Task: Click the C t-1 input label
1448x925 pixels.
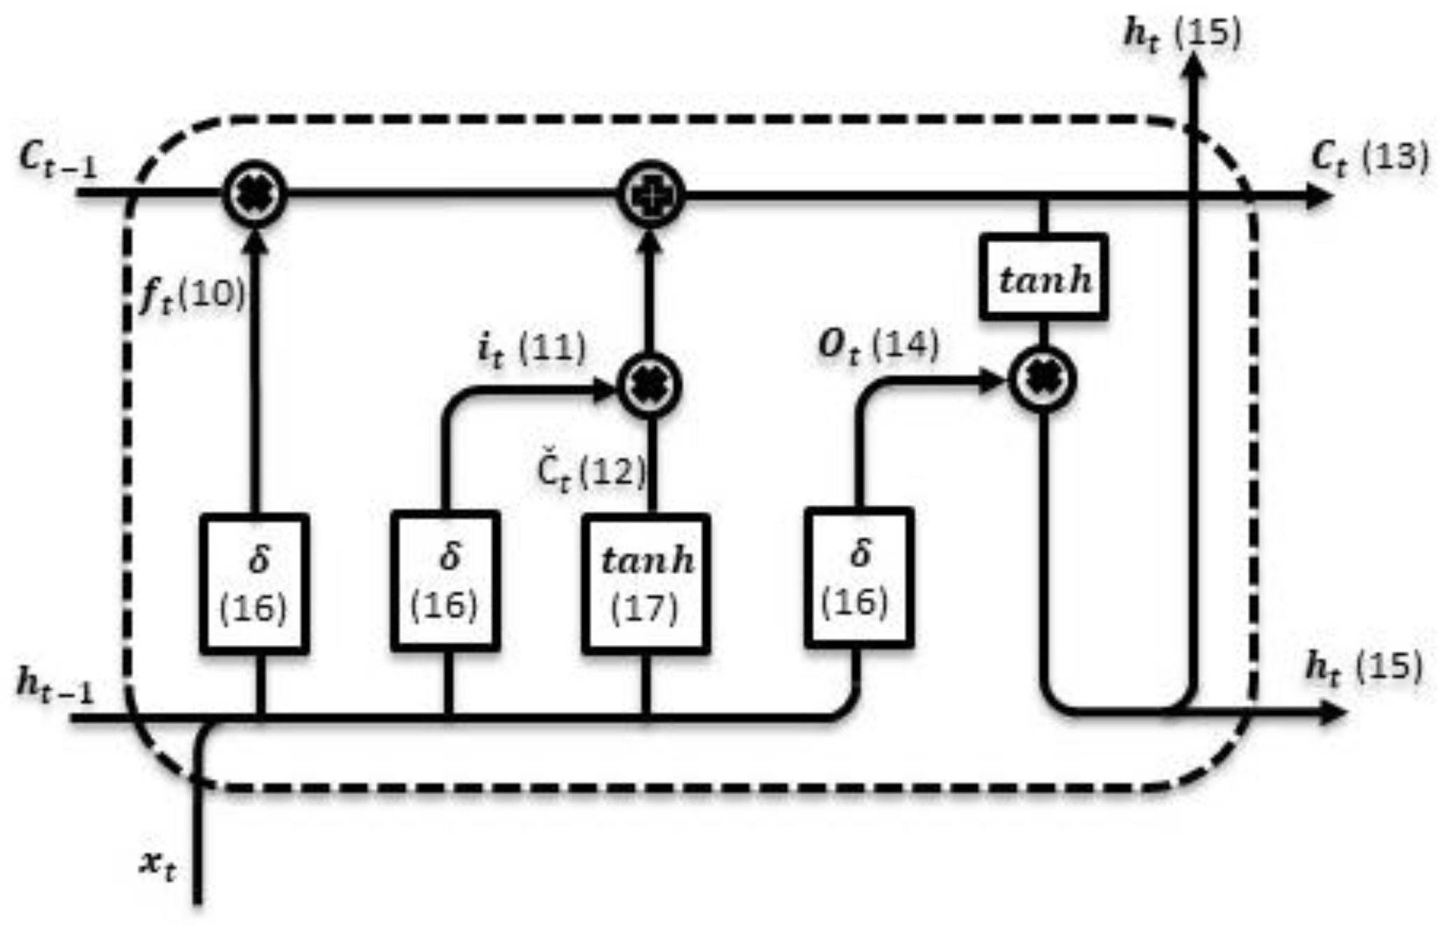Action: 58,161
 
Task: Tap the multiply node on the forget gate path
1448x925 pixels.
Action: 255,195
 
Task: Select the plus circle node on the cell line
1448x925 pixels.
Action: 651,195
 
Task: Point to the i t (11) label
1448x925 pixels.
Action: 531,349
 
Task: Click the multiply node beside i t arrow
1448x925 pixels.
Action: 650,386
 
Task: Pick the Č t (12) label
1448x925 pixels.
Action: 590,473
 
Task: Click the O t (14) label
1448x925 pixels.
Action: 877,346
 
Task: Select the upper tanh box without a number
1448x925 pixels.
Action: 1043,278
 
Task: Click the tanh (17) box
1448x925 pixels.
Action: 646,583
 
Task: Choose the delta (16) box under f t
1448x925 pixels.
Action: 254,584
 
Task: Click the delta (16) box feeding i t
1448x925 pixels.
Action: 445,580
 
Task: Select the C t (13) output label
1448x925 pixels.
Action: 1368,158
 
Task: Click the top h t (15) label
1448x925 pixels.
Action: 1181,34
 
